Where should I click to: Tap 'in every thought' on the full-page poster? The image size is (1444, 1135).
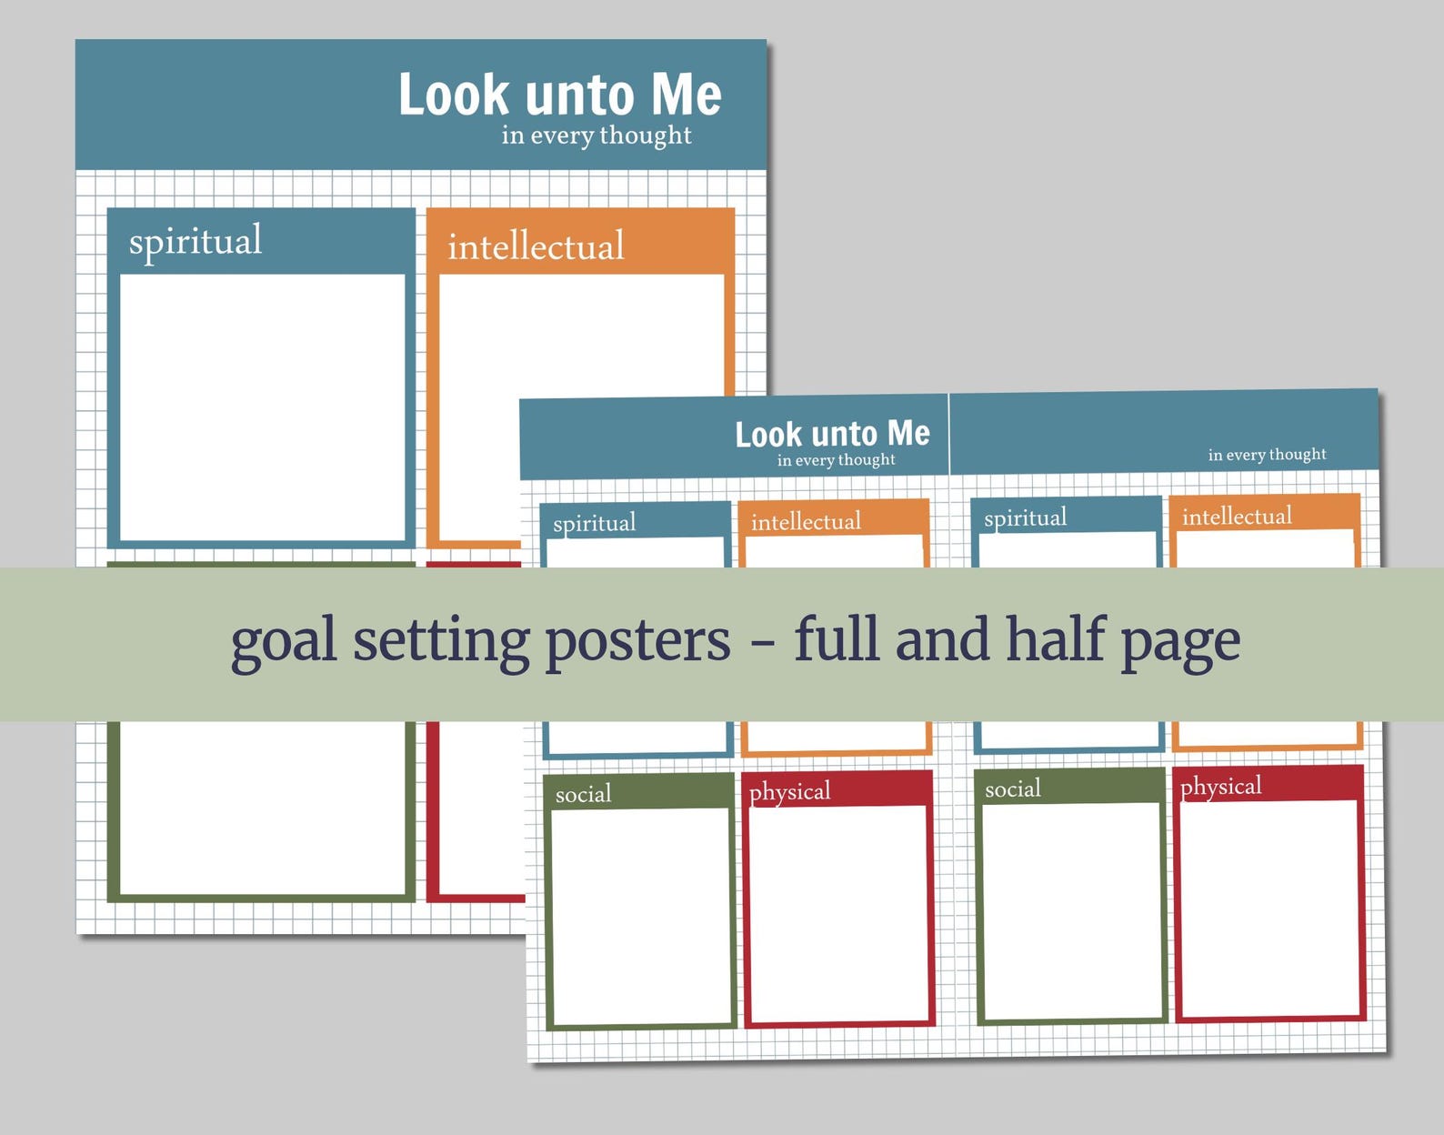click(x=596, y=136)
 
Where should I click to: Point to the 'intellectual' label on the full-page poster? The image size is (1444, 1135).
click(x=536, y=246)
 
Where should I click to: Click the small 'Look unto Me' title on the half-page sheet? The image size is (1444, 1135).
click(x=832, y=434)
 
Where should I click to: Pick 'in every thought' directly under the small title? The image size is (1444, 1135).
click(x=836, y=460)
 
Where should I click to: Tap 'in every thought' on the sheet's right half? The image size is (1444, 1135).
click(x=1267, y=455)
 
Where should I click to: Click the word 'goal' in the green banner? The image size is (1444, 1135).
click(x=283, y=641)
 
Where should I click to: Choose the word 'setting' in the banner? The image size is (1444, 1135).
click(x=441, y=641)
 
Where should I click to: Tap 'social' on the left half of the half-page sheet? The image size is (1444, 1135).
click(x=583, y=795)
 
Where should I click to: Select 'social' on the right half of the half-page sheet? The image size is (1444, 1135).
click(x=1013, y=789)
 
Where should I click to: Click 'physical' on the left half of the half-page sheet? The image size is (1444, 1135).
click(x=789, y=792)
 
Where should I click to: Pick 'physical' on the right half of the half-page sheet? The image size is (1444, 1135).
click(x=1220, y=787)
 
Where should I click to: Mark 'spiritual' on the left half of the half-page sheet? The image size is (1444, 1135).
click(x=594, y=524)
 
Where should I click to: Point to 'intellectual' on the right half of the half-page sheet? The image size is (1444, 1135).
click(x=1237, y=517)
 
